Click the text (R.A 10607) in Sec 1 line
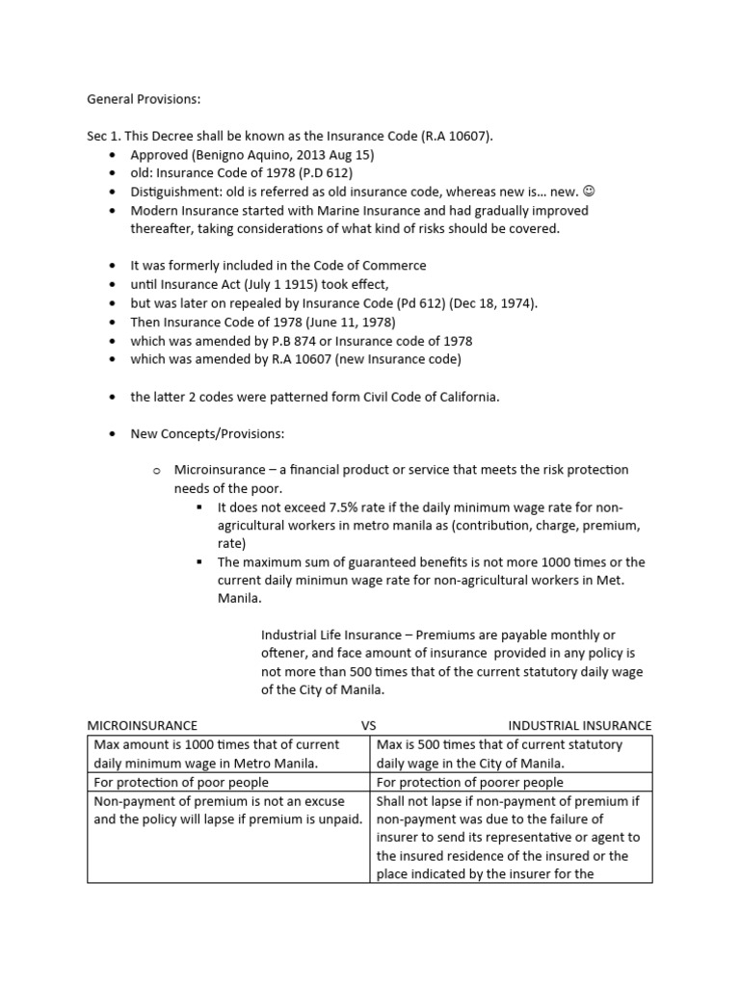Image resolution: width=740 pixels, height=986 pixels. point(456,136)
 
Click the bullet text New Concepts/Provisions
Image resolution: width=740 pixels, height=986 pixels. point(206,433)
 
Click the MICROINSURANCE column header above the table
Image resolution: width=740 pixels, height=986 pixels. point(143,725)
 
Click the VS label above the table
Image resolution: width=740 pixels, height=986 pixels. point(370,725)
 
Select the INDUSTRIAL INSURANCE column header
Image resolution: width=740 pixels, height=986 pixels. point(579,725)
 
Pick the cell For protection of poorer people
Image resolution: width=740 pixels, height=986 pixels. point(470,782)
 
